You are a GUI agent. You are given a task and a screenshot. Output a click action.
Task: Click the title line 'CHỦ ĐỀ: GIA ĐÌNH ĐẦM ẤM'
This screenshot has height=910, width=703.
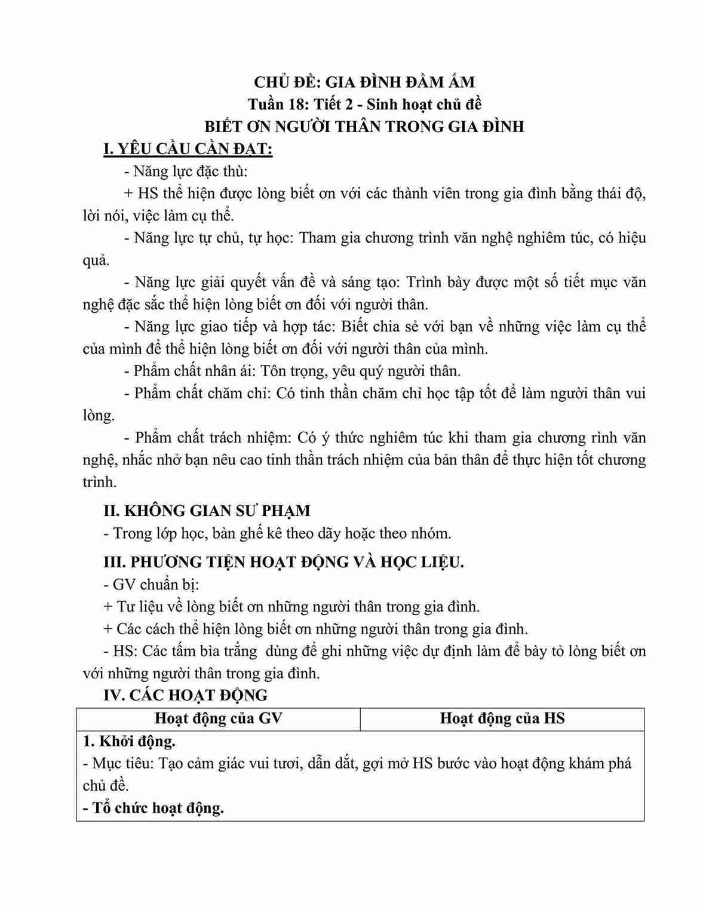click(364, 82)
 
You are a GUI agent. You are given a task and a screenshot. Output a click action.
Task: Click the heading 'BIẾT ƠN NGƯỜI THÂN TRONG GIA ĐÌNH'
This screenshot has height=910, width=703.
click(364, 127)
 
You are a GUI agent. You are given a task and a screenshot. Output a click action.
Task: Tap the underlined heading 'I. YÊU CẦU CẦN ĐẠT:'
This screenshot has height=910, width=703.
click(188, 149)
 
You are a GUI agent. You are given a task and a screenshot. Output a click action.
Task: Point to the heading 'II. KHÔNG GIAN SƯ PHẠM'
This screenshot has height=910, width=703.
click(207, 511)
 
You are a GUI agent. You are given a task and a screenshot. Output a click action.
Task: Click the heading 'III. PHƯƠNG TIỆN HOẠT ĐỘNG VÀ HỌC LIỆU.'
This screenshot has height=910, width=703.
click(283, 562)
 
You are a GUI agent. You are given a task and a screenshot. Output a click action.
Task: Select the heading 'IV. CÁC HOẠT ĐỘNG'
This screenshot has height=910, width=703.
click(185, 695)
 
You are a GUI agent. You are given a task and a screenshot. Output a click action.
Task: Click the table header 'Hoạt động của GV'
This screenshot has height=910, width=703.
click(218, 718)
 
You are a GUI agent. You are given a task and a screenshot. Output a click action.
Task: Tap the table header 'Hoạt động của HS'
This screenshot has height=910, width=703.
click(502, 718)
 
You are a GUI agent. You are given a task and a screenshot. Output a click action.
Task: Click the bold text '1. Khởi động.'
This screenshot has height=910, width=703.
click(129, 741)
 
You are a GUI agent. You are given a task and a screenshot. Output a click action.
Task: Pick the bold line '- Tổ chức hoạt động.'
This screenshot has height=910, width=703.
click(153, 808)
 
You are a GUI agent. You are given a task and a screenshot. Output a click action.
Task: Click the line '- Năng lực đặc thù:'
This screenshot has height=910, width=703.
click(185, 171)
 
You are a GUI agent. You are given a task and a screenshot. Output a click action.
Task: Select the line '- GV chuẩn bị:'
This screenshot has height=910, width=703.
click(151, 584)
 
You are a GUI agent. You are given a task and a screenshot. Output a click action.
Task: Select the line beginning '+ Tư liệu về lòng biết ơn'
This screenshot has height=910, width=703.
click(291, 607)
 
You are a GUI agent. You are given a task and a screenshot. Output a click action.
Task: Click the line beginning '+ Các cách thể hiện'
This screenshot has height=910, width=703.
click(315, 629)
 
